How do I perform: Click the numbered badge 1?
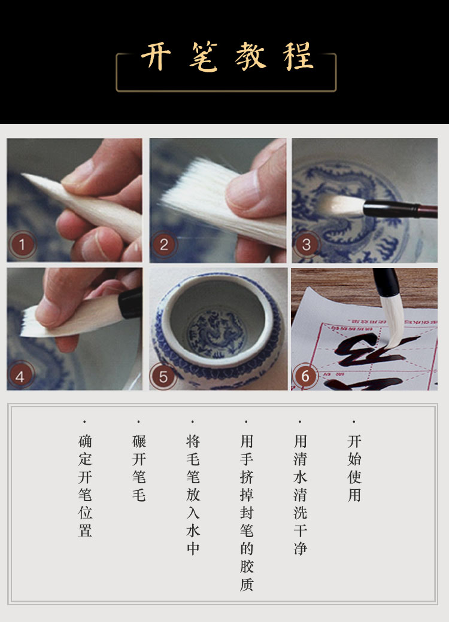point(22,245)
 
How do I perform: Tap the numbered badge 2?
point(164,245)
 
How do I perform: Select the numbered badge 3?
point(306,245)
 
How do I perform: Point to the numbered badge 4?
point(20,376)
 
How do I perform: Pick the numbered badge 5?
point(163,376)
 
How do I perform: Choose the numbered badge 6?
point(305,376)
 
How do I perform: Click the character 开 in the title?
point(156,56)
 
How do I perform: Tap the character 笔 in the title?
point(204,56)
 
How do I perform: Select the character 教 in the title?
point(250,56)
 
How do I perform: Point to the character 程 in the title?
point(299,56)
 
